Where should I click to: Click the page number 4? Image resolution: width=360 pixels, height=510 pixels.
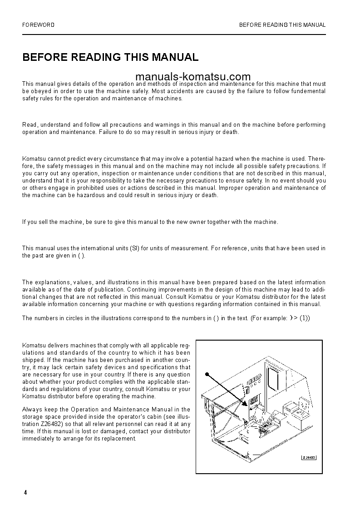point(25,493)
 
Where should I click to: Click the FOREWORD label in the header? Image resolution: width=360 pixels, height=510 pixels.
point(38,25)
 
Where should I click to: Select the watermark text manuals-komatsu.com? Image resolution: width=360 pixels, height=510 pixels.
point(192,77)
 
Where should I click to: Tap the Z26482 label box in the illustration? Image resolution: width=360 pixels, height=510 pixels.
point(309,457)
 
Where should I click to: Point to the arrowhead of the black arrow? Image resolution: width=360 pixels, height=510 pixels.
point(245,403)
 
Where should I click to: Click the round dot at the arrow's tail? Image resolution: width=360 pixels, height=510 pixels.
point(207,375)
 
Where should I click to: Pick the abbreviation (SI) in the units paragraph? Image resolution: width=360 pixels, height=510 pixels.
point(134,248)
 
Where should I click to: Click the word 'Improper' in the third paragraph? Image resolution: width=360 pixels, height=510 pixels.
point(231,188)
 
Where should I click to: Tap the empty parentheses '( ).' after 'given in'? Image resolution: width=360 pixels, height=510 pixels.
point(81,256)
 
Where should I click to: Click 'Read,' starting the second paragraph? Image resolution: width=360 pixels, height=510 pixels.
point(30,124)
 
